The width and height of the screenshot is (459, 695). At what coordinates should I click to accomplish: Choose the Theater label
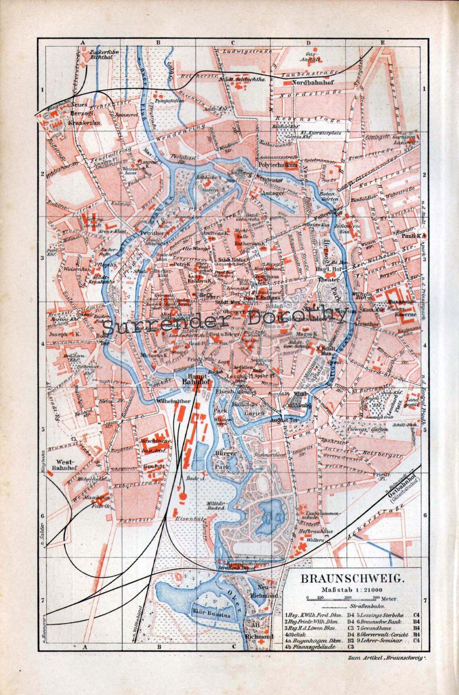pos(328,279)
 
